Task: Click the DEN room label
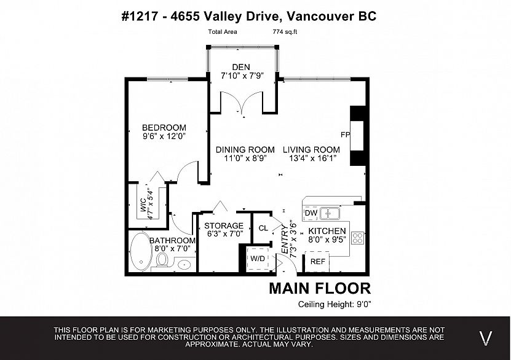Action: [x=241, y=67]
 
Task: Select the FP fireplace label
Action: [x=345, y=135]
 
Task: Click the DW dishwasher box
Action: [x=311, y=213]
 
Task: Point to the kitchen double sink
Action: [x=330, y=214]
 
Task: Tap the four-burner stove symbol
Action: [x=357, y=238]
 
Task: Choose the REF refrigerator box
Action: [x=317, y=261]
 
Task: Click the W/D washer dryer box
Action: [x=258, y=259]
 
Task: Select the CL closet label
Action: [x=263, y=228]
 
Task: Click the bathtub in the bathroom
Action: [x=141, y=251]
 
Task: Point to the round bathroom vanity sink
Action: [x=184, y=265]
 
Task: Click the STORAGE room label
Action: [x=224, y=225]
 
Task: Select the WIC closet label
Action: [x=143, y=205]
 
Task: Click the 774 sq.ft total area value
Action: [x=285, y=32]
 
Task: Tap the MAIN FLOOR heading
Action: [x=320, y=288]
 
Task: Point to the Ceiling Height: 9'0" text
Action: [x=335, y=304]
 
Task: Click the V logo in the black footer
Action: [x=486, y=338]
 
